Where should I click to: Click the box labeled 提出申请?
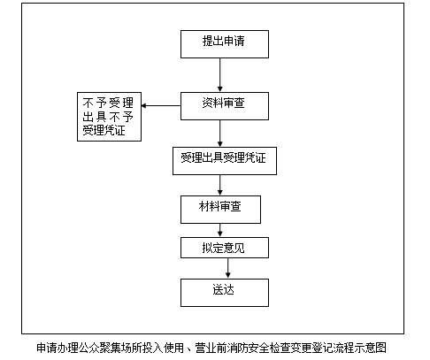coord(225,44)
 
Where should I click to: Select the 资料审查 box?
coord(225,106)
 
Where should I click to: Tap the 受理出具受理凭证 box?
coord(225,161)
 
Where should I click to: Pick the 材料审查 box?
coord(220,210)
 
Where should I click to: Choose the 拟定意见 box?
coord(225,248)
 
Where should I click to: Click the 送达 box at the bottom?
coord(225,293)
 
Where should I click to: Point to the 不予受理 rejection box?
coord(109,117)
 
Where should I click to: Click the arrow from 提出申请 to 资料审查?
coord(219,75)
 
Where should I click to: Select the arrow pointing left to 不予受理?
coord(161,105)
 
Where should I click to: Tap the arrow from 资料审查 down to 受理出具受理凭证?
coord(219,134)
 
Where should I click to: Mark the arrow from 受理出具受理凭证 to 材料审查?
coord(219,186)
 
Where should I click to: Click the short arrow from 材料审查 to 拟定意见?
coord(219,231)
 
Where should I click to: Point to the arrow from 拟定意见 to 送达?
coord(227,268)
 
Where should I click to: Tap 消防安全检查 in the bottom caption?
coord(258,348)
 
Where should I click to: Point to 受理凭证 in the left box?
coord(104,130)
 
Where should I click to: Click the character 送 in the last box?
coord(218,289)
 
